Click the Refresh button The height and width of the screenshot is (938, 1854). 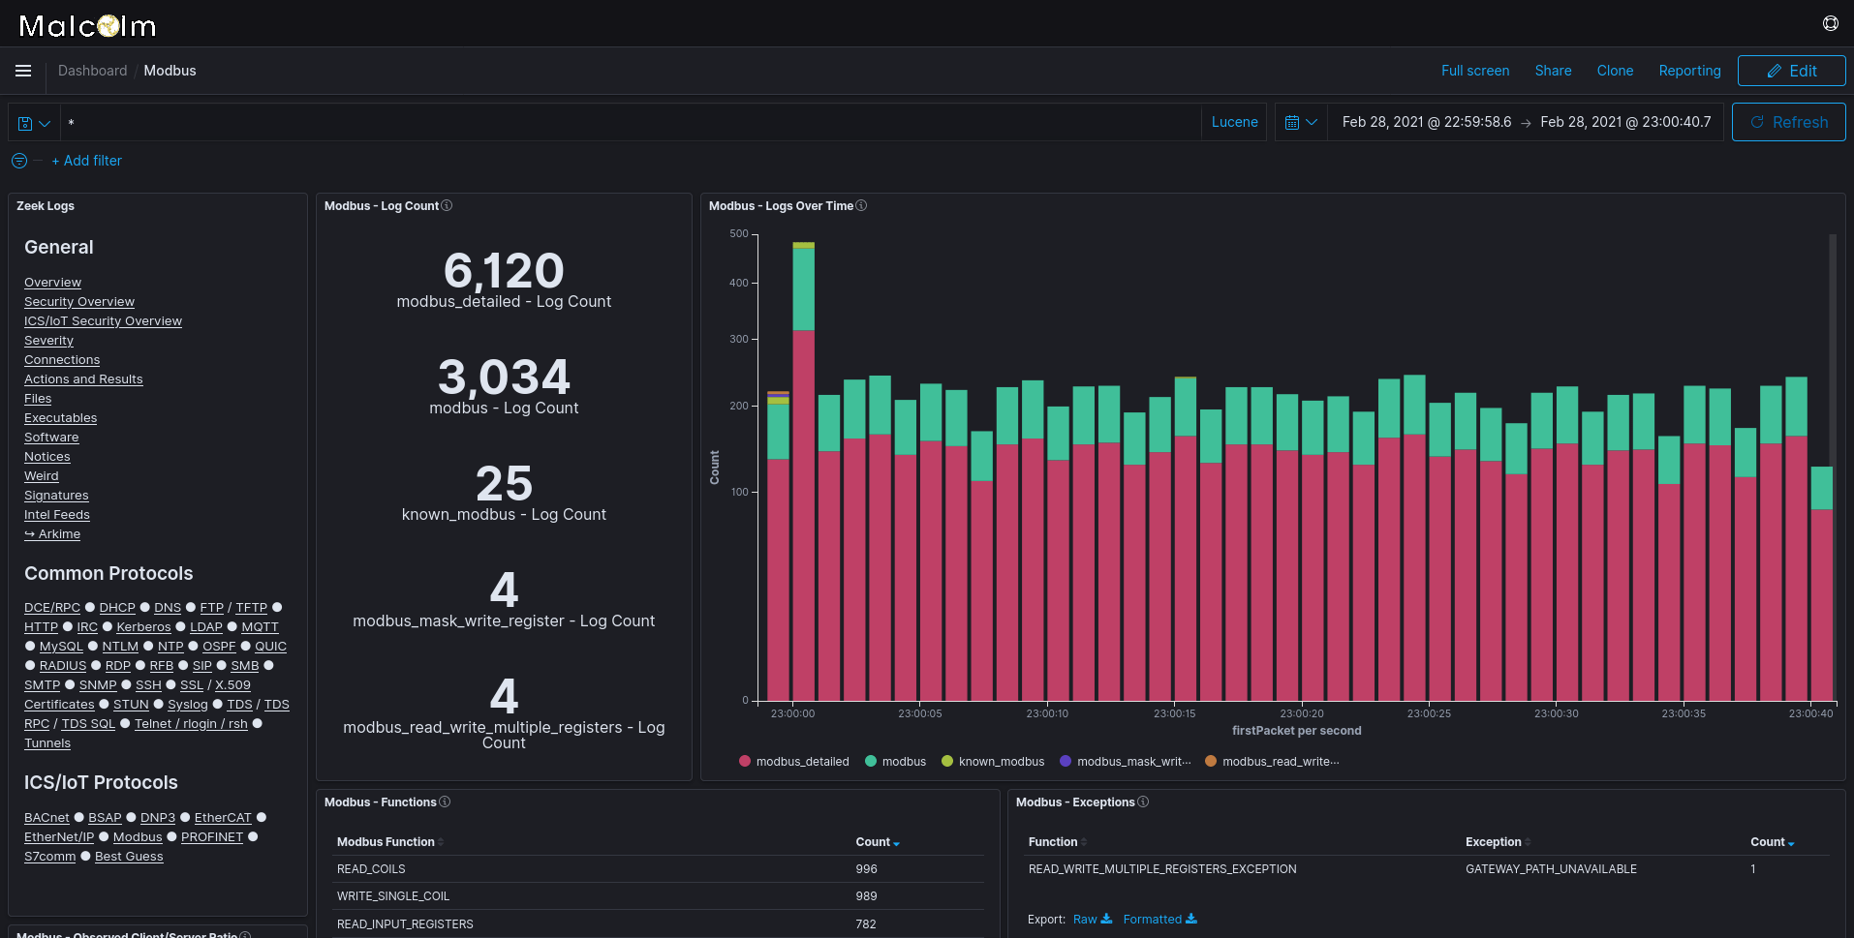(x=1788, y=122)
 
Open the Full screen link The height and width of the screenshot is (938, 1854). (x=1474, y=71)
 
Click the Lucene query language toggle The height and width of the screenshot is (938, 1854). (x=1234, y=122)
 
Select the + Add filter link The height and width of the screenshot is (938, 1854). (x=86, y=161)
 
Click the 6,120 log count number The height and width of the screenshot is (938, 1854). (x=504, y=271)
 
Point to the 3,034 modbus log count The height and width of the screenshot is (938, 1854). (x=504, y=378)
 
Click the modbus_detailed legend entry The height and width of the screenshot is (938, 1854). (x=802, y=762)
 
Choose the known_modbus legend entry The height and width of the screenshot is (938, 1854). (x=1001, y=762)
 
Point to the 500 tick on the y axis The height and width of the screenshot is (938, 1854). (x=738, y=234)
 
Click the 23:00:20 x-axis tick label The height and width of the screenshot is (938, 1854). (x=1301, y=713)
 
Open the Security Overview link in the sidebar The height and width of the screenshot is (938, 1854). (x=79, y=302)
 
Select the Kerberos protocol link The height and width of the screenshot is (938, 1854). (x=143, y=627)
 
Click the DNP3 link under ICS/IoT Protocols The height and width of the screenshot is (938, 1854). (x=158, y=818)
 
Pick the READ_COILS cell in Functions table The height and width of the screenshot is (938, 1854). (x=371, y=869)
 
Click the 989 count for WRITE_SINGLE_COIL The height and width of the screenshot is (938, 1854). (x=866, y=896)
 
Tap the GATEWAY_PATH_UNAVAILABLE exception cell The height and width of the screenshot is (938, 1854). (x=1551, y=869)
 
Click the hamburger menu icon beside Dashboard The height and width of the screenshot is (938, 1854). (x=23, y=71)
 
